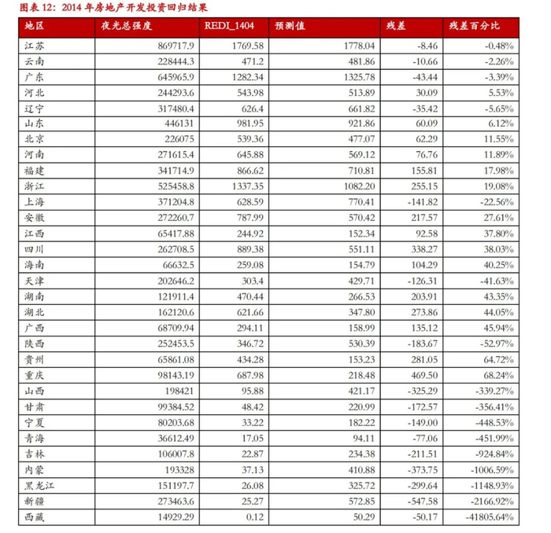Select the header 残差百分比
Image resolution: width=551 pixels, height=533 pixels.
pos(475,28)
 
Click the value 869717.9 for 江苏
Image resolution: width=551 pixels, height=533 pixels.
pos(172,47)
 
